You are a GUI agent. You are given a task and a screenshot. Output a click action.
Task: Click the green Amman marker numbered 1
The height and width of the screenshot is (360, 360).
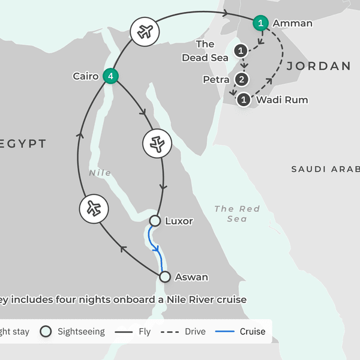(x=260, y=23)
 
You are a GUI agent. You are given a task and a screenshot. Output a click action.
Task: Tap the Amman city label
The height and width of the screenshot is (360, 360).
(x=292, y=23)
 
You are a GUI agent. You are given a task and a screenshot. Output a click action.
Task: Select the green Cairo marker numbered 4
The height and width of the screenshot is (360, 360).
(x=110, y=76)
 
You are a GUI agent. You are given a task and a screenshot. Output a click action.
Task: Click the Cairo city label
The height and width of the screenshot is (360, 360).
(x=86, y=76)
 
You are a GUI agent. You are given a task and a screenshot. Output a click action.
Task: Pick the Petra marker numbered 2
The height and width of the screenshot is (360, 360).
(x=241, y=79)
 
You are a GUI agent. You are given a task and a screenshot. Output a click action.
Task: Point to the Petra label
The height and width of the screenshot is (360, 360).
(x=216, y=79)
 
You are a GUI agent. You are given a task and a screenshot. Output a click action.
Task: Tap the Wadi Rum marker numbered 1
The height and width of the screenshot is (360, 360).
(x=244, y=100)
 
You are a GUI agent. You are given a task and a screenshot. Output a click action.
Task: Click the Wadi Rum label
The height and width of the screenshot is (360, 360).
(x=282, y=100)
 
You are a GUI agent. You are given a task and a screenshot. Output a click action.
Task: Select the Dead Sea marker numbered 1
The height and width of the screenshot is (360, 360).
(x=241, y=51)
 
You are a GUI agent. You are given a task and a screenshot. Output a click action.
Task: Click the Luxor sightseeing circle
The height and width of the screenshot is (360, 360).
(x=154, y=221)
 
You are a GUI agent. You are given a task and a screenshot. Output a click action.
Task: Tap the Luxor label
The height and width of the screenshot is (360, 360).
(x=179, y=221)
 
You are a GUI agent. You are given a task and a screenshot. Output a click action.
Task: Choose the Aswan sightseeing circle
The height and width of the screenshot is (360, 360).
(x=165, y=277)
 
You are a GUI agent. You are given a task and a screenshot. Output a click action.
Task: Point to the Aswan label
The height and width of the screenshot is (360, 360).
(x=191, y=277)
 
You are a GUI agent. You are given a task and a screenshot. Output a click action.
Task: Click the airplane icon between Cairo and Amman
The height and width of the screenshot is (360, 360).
(x=144, y=32)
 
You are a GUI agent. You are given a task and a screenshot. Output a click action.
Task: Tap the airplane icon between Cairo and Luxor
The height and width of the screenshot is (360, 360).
(x=157, y=143)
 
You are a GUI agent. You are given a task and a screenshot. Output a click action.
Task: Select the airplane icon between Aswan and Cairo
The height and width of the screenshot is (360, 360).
(x=93, y=209)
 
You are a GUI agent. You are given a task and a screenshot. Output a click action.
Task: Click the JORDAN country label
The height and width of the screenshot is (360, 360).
(x=318, y=66)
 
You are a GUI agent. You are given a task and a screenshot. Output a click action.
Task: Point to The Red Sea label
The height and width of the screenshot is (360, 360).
(x=237, y=214)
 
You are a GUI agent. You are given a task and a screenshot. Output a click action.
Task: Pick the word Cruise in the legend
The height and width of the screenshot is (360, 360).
(x=252, y=331)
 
